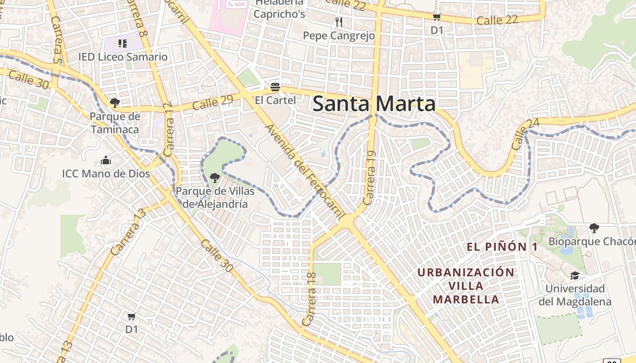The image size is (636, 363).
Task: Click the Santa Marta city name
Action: (x=374, y=104)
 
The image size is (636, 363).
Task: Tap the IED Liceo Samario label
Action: (x=123, y=57)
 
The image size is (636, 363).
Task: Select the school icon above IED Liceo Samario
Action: (x=122, y=44)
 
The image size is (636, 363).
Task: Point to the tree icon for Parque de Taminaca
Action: (x=115, y=103)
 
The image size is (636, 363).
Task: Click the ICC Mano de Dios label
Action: (x=106, y=174)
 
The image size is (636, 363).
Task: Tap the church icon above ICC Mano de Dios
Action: (x=106, y=160)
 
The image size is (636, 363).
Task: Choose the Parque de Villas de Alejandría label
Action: (x=215, y=197)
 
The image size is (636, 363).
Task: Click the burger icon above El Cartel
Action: (x=275, y=86)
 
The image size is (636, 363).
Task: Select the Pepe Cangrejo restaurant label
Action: (x=339, y=35)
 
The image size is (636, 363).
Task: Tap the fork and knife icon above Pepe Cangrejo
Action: (x=338, y=22)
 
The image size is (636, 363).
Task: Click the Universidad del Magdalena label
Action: (x=575, y=295)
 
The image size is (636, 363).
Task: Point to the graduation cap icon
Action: (x=575, y=275)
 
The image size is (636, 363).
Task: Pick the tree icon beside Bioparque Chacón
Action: (x=593, y=228)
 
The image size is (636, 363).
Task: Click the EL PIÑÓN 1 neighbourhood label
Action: (x=502, y=247)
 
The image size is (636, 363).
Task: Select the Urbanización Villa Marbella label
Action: (x=466, y=286)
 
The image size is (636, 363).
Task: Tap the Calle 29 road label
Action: (x=213, y=103)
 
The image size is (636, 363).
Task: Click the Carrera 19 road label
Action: (x=370, y=178)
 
